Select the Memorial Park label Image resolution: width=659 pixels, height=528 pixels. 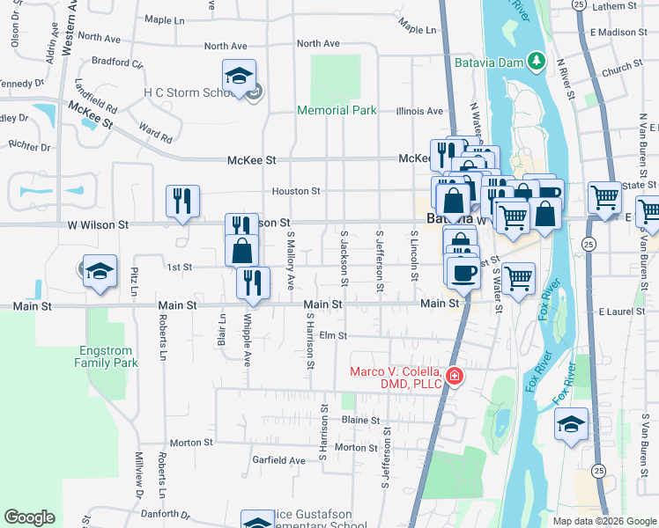click(337, 110)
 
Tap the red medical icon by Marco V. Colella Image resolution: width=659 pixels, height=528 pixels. click(454, 377)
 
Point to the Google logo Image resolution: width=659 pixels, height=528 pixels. click(29, 517)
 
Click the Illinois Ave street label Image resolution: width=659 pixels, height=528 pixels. click(419, 112)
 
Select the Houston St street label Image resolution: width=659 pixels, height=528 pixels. click(295, 191)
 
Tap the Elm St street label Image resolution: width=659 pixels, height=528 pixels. click(334, 335)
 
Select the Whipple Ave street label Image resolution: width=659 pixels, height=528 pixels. click(248, 334)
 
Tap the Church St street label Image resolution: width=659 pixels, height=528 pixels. click(623, 68)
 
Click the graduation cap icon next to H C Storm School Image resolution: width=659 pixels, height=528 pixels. click(239, 77)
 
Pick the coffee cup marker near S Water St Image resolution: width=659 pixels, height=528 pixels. click(463, 271)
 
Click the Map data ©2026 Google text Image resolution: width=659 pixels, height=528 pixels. click(603, 521)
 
